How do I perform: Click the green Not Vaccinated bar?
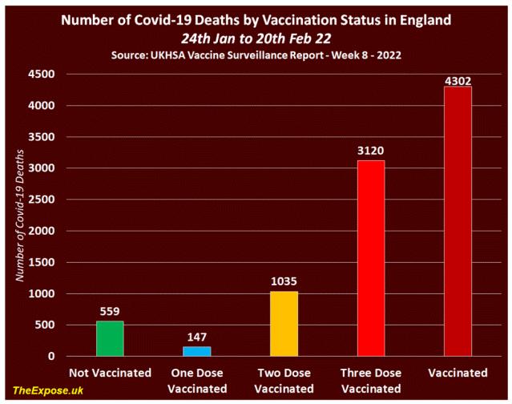pos(110,339)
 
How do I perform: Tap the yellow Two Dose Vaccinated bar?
pos(284,324)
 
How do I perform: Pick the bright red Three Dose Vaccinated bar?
pos(371,258)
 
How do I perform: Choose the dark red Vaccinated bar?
pos(458,221)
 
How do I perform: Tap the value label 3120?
pos(371,151)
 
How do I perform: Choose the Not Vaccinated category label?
pos(110,373)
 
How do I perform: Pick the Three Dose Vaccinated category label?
pos(371,380)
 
